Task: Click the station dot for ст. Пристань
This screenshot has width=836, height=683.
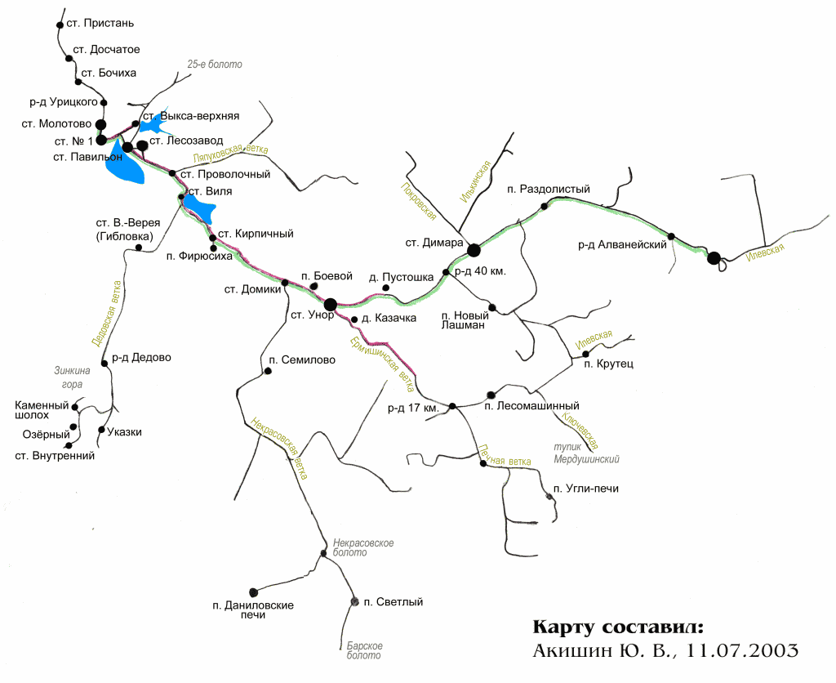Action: click(60, 25)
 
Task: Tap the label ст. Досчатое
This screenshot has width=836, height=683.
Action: click(106, 50)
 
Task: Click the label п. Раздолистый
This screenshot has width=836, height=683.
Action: click(548, 190)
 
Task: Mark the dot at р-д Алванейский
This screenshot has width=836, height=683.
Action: click(671, 236)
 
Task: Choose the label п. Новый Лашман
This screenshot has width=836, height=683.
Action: click(464, 319)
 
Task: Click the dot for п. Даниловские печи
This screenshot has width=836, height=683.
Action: click(253, 591)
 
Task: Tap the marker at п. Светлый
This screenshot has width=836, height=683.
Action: click(354, 602)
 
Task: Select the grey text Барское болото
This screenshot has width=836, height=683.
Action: click(364, 650)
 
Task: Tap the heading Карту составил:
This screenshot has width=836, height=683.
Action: click(616, 627)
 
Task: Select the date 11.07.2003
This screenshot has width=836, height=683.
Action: click(742, 651)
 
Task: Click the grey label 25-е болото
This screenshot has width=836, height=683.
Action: click(215, 64)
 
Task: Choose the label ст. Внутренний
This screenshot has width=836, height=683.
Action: click(55, 456)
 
